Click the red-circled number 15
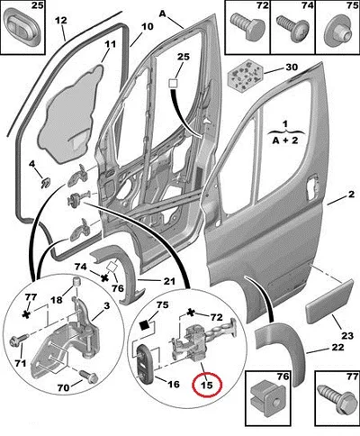207,385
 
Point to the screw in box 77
336,398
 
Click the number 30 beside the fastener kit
292,67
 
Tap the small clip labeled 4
45,183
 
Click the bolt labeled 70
89,376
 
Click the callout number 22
337,348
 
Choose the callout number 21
169,281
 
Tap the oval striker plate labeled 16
145,362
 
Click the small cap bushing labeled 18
78,283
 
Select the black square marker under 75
145,325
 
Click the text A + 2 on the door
285,141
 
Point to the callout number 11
110,44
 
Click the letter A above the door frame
163,14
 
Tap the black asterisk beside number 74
104,278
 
